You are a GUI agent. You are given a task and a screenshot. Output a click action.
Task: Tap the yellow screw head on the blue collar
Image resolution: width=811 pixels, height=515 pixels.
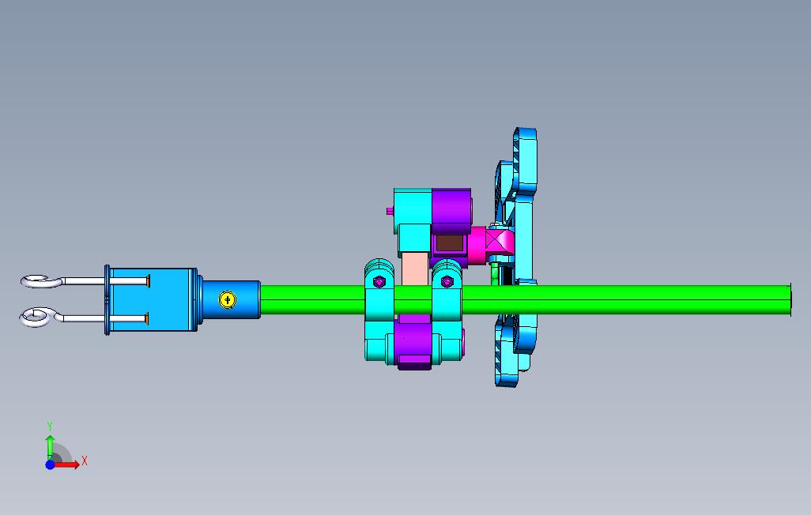(228, 299)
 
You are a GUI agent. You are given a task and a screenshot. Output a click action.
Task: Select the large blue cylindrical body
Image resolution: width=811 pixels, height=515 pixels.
(153, 300)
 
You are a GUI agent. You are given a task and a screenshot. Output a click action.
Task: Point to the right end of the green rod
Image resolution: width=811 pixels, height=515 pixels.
(790, 300)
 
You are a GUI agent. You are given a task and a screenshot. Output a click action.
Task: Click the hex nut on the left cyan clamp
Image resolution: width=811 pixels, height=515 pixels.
(379, 282)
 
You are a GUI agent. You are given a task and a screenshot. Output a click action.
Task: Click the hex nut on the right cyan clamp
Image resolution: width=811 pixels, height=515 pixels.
(447, 282)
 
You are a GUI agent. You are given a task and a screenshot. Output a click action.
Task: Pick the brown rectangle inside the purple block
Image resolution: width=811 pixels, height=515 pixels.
(450, 243)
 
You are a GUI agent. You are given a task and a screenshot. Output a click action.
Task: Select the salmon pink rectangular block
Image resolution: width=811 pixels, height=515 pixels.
(415, 269)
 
